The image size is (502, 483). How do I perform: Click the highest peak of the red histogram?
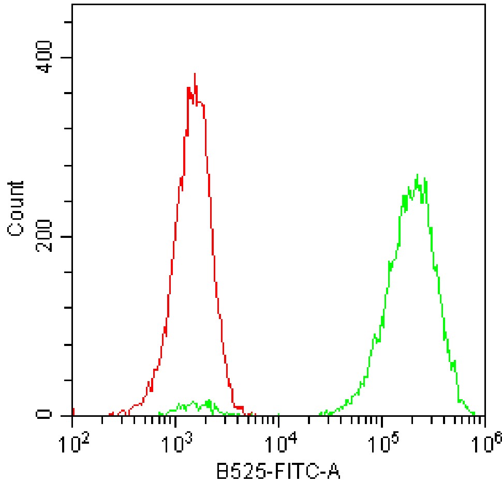pyautogui.click(x=195, y=74)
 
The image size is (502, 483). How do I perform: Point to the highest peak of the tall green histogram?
pyautogui.click(x=417, y=175)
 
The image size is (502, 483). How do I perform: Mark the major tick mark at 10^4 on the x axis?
pyautogui.click(x=279, y=419)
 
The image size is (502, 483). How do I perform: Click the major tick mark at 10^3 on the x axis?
pyautogui.click(x=176, y=419)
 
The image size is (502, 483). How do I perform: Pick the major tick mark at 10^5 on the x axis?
pyautogui.click(x=382, y=419)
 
